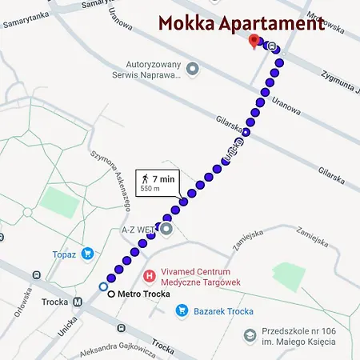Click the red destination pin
point(254,40)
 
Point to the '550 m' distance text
point(150,190)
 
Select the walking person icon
point(145,179)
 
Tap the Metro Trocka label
point(144,294)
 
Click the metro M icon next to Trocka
point(78,302)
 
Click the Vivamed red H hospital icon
point(148,276)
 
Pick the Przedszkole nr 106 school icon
point(250,334)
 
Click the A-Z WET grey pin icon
point(166,230)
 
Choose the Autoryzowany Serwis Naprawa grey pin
point(192,70)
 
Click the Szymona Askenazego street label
point(113,183)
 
